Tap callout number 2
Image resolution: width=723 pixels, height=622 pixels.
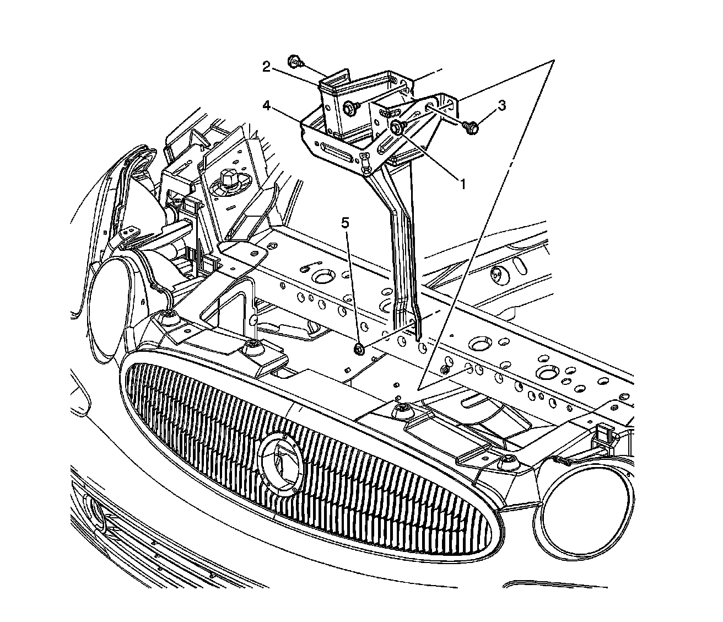point(266,67)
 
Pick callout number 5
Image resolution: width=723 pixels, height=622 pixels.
point(346,223)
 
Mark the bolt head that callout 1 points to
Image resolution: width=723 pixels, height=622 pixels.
point(397,127)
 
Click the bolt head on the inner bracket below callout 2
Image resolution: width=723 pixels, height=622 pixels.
point(349,109)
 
